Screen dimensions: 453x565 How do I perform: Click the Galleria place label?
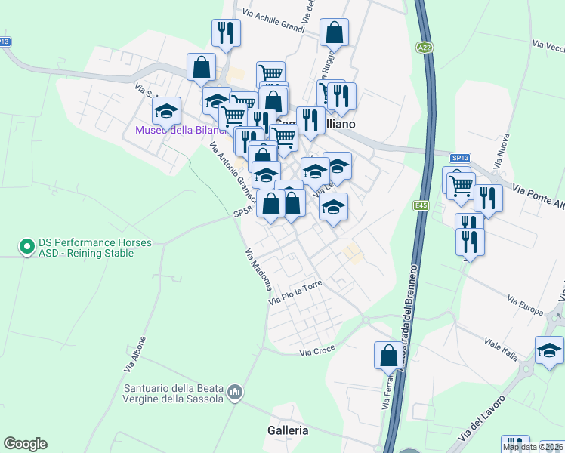pos(288,430)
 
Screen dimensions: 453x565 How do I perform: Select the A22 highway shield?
pos(425,48)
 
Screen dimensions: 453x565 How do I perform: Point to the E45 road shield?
pos(421,205)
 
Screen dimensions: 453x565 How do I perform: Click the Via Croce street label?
pos(317,352)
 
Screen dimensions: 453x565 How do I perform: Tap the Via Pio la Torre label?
pos(295,293)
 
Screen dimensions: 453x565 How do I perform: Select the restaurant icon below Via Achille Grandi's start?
pos(225,32)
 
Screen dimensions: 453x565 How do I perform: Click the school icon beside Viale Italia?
pos(549,350)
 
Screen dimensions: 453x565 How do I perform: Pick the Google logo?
pos(25,444)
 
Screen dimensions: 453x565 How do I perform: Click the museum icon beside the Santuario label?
pos(235,392)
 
